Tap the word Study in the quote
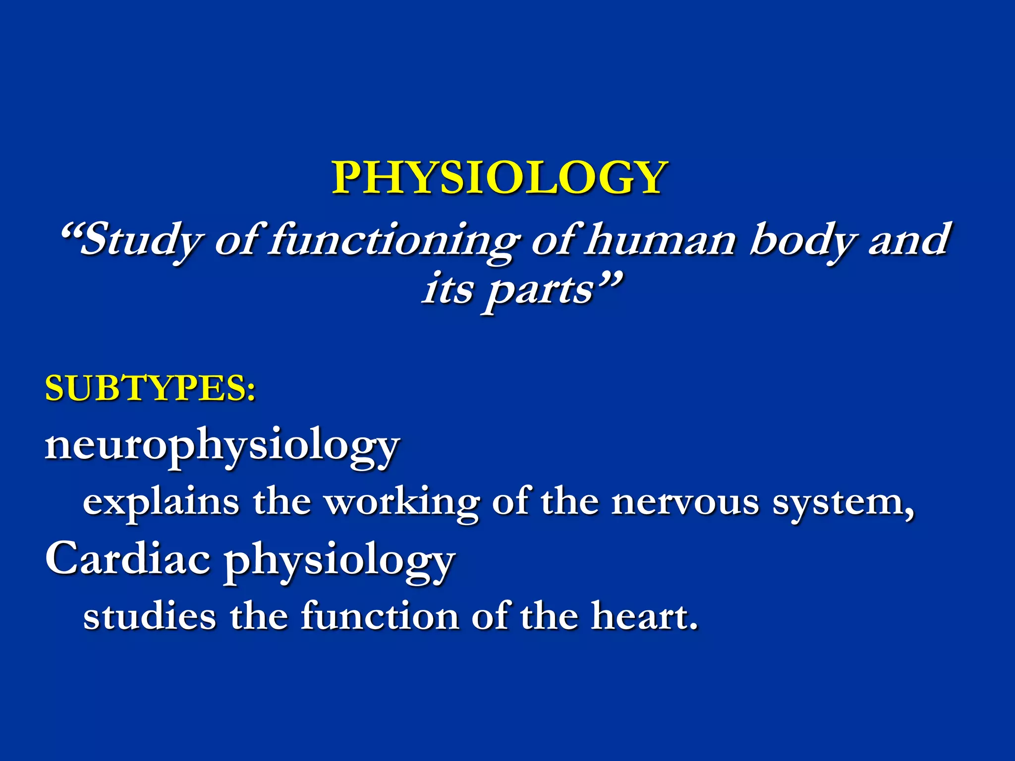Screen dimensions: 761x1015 [x=141, y=241]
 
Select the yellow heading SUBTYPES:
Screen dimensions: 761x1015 [x=150, y=388]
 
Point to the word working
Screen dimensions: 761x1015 [x=402, y=503]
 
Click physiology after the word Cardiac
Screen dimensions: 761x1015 [x=339, y=562]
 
